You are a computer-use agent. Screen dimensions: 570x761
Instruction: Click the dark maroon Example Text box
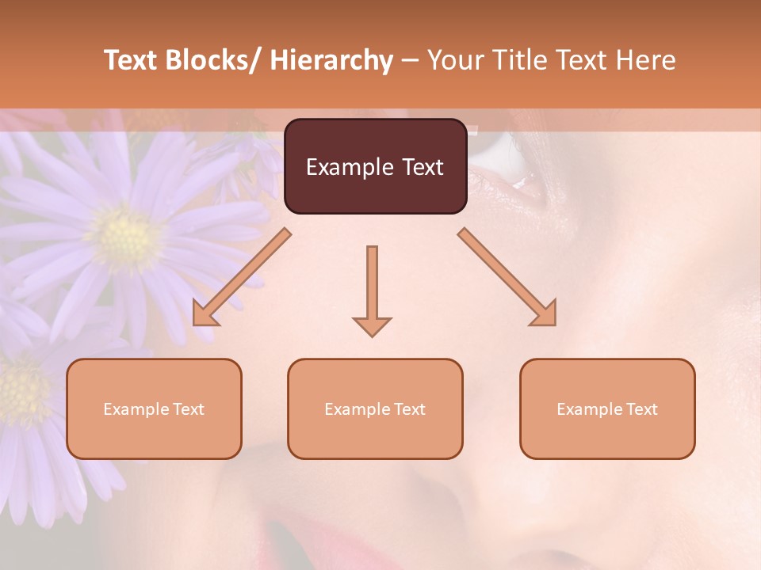[x=375, y=166]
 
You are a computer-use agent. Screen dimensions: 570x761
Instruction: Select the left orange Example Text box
[x=154, y=408]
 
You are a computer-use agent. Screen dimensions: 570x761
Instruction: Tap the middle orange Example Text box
[x=375, y=408]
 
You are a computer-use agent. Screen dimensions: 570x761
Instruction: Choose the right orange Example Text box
[x=607, y=408]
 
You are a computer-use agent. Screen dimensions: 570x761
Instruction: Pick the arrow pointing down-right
[x=507, y=277]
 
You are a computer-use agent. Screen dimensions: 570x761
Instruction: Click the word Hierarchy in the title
[x=331, y=60]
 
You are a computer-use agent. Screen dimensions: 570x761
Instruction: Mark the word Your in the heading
[x=455, y=60]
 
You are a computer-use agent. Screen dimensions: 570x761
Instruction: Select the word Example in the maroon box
[x=348, y=167]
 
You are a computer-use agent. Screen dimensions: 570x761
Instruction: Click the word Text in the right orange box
[x=641, y=408]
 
